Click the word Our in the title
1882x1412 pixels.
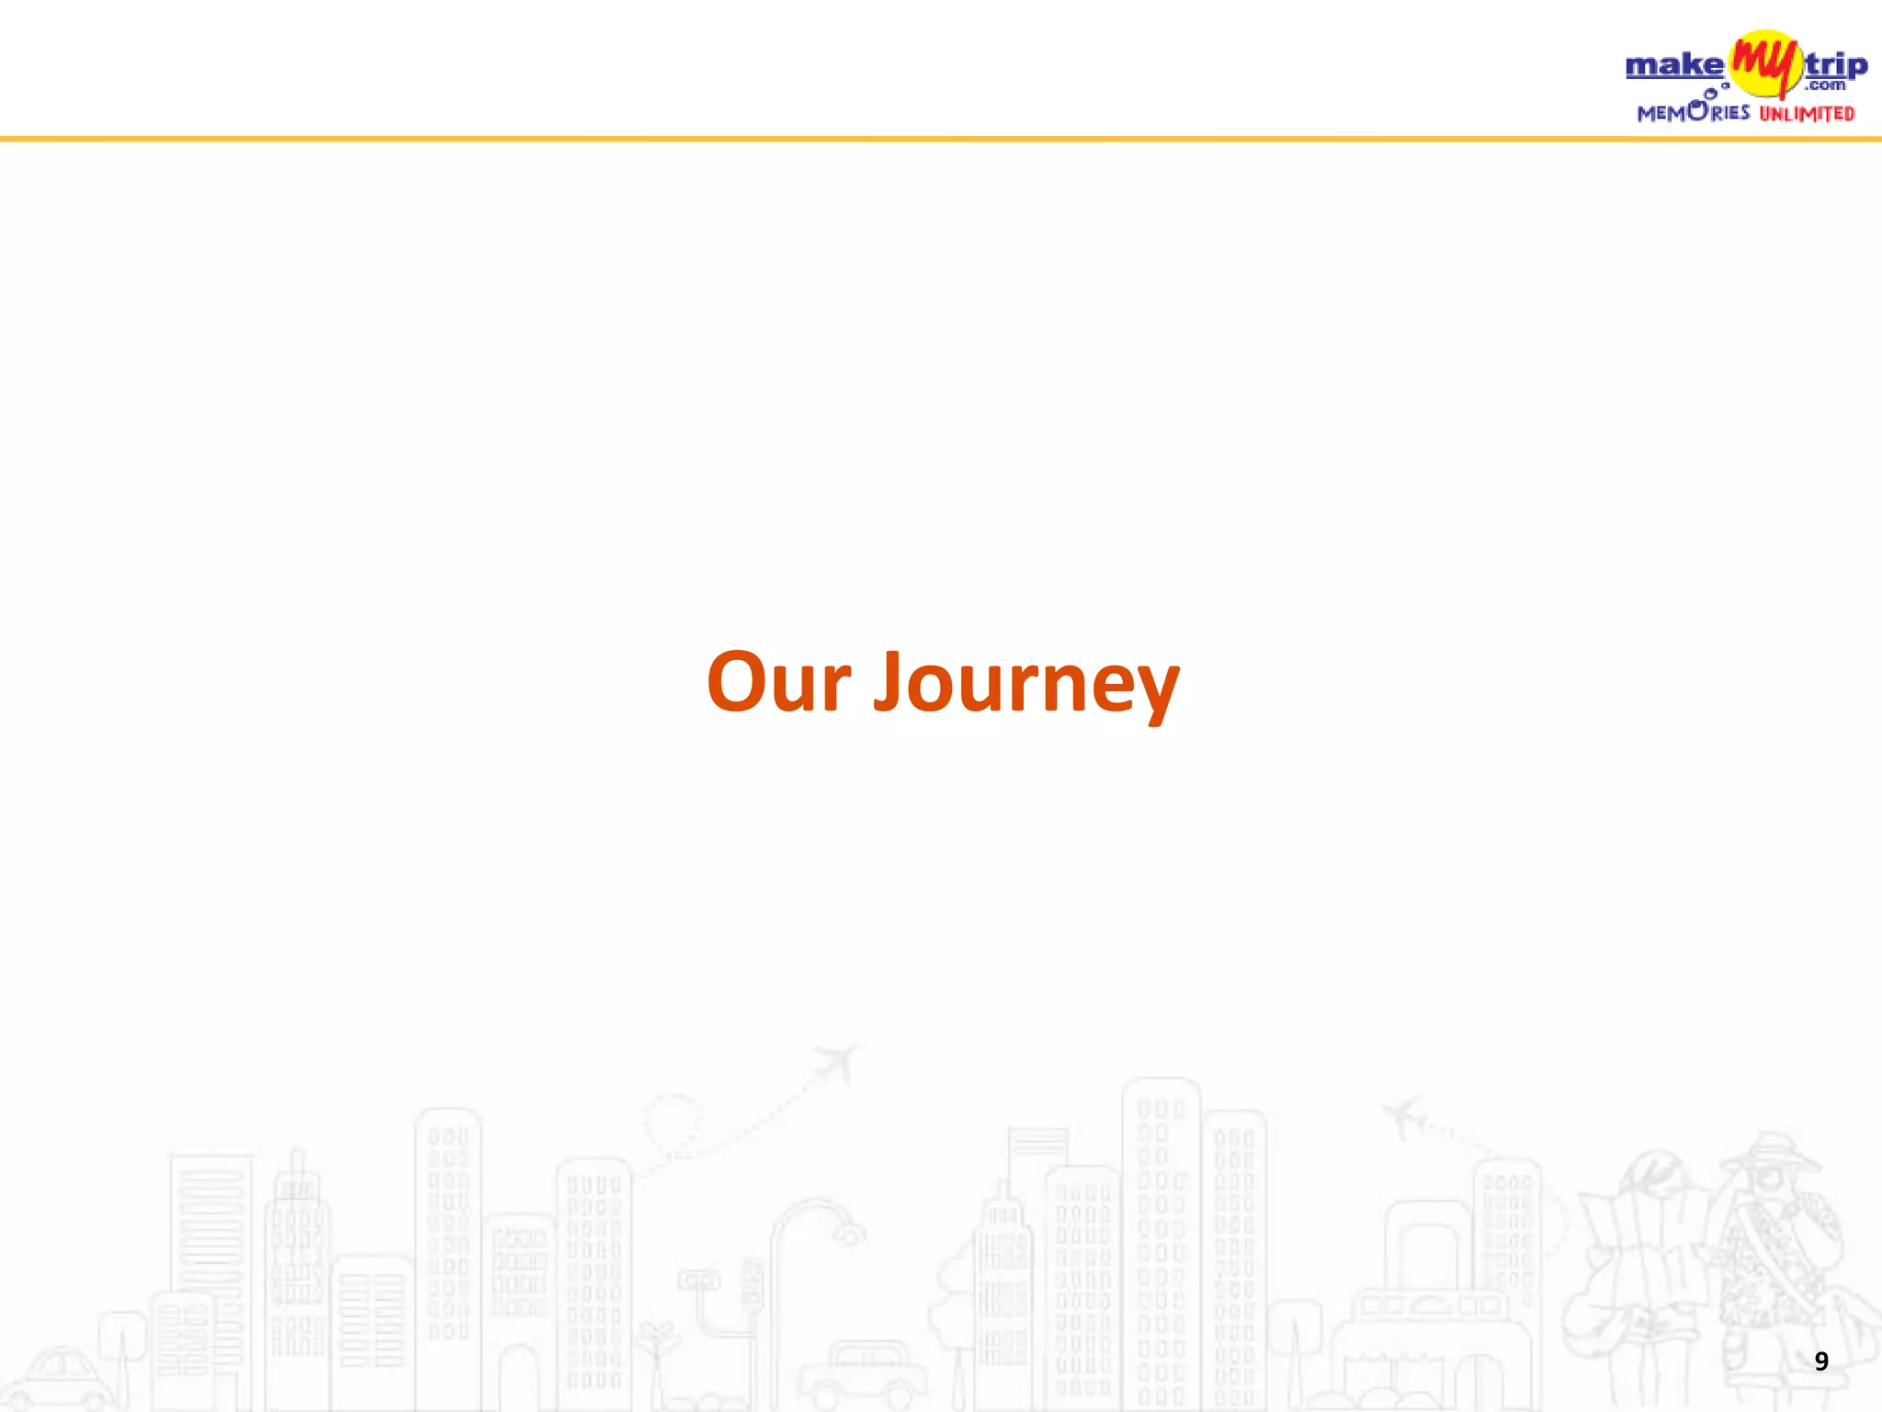[x=778, y=682]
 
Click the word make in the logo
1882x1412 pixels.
[x=1674, y=65]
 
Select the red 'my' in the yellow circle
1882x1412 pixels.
[x=1763, y=63]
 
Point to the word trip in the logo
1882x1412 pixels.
[x=1836, y=66]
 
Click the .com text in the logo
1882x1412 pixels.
[x=1825, y=85]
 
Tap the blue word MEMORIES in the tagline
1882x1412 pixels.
[x=1693, y=112]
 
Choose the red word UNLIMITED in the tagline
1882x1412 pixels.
[x=1807, y=114]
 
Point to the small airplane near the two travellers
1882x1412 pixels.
[x=1402, y=1115]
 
